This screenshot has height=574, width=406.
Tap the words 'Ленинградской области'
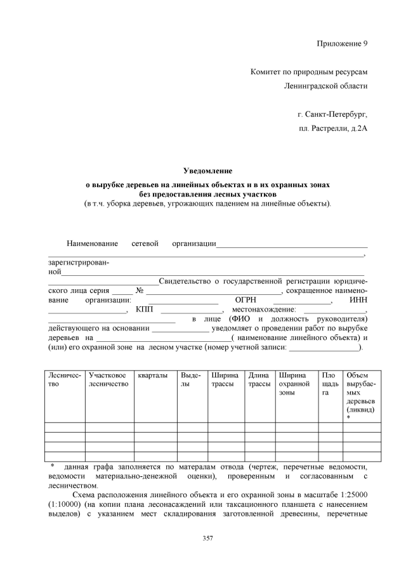tap(325, 86)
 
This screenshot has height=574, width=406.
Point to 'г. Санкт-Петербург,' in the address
tap(332, 115)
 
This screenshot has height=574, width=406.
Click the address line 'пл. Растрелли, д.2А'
tap(333, 129)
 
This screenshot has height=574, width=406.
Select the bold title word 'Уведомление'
tap(207, 171)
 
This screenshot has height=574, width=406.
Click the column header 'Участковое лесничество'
tap(108, 380)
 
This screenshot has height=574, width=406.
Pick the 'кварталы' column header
tap(153, 375)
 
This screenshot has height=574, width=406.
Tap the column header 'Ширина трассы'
tap(225, 380)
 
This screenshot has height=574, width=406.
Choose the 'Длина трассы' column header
tap(259, 380)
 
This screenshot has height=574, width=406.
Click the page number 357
tap(207, 538)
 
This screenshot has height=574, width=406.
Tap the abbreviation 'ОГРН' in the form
tap(245, 300)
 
